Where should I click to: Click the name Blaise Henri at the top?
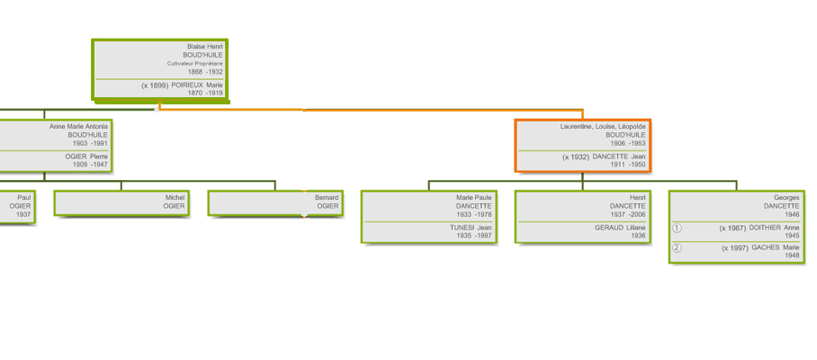pyautogui.click(x=205, y=47)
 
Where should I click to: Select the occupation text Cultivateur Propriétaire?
pyautogui.click(x=195, y=64)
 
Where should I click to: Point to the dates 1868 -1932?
pyautogui.click(x=205, y=72)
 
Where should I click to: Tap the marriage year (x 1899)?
pyautogui.click(x=155, y=85)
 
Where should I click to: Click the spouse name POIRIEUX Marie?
pyautogui.click(x=197, y=85)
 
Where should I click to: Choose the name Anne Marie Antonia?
pyautogui.click(x=78, y=127)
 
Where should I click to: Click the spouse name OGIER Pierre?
pyautogui.click(x=86, y=157)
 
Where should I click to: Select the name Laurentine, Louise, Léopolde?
pyautogui.click(x=603, y=127)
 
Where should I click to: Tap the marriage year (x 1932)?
pyautogui.click(x=576, y=157)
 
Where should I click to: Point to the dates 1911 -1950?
pyautogui.click(x=628, y=165)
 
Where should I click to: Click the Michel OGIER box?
pyautogui.click(x=121, y=202)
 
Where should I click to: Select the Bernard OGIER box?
pyautogui.click(x=275, y=202)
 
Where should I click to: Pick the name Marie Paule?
pyautogui.click(x=473, y=197)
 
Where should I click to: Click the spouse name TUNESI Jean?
pyautogui.click(x=471, y=227)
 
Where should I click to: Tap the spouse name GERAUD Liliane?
pyautogui.click(x=620, y=227)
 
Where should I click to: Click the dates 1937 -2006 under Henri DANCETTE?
pyautogui.click(x=628, y=214)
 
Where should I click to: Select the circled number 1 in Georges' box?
pyautogui.click(x=677, y=228)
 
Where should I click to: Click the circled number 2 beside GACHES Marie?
pyautogui.click(x=677, y=248)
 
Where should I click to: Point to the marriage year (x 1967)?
pyautogui.click(x=732, y=228)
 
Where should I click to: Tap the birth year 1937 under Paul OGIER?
pyautogui.click(x=23, y=214)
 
